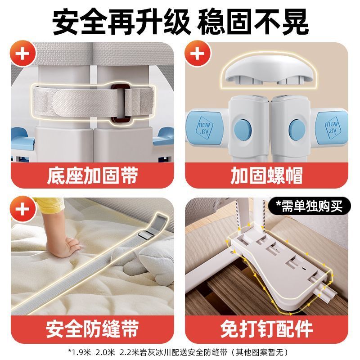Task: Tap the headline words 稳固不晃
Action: [253, 22]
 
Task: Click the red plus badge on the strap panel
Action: [22, 53]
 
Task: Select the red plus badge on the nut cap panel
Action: [198, 53]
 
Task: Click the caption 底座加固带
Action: [92, 175]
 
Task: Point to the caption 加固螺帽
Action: [266, 175]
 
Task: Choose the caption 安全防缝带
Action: [92, 329]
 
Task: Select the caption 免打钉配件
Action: [266, 329]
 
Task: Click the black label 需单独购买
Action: [310, 206]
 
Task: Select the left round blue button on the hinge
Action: [243, 129]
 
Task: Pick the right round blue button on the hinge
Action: [297, 129]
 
